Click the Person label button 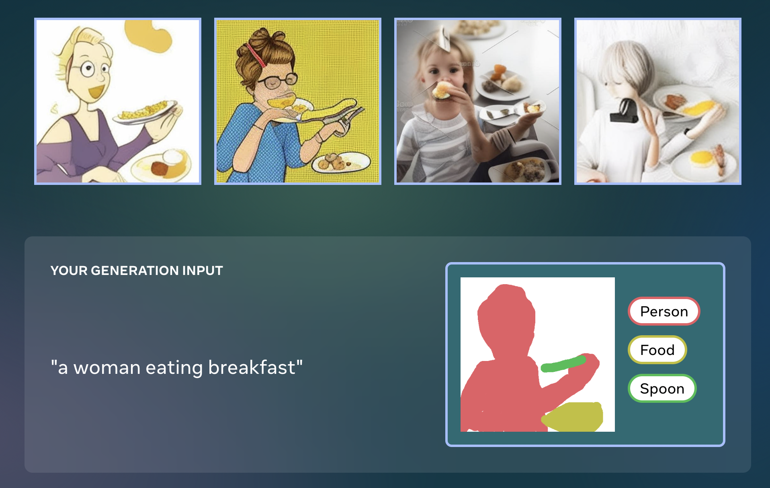(664, 311)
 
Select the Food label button (657, 350)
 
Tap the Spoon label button (662, 388)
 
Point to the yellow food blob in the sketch (573, 416)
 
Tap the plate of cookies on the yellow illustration (341, 162)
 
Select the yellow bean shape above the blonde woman (149, 36)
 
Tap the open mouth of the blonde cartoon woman (96, 92)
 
